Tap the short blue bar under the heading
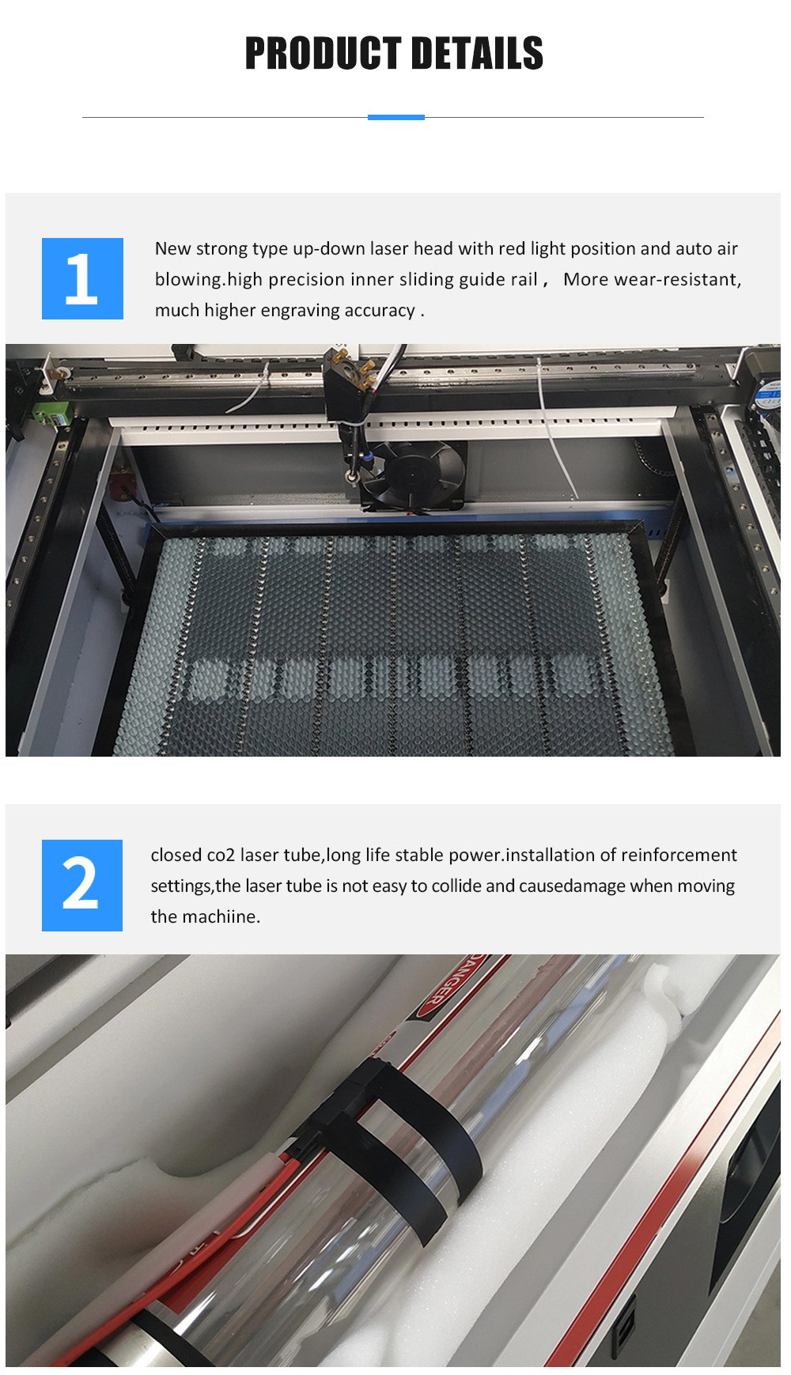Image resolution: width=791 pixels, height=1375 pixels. click(396, 117)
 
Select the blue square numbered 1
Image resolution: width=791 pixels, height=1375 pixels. click(82, 278)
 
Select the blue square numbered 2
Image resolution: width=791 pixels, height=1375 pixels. click(82, 885)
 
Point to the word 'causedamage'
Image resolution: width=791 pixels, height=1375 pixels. click(572, 886)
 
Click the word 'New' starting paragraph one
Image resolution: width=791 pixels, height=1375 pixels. click(172, 249)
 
